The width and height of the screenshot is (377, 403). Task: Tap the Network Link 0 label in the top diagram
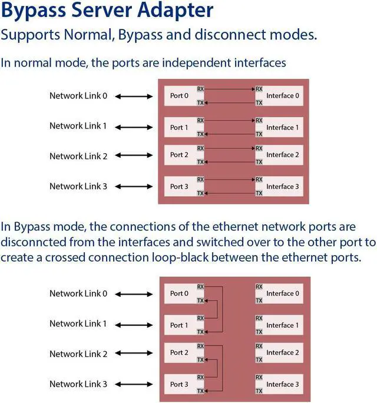[78, 95]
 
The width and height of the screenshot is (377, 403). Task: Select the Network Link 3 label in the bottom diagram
[78, 384]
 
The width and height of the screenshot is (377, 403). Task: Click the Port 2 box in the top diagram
[179, 155]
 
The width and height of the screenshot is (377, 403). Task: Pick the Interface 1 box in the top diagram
[282, 127]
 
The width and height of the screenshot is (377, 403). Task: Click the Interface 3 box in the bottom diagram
[282, 384]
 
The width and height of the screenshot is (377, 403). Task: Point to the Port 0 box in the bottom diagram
[179, 293]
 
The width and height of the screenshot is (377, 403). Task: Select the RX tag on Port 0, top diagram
[200, 89]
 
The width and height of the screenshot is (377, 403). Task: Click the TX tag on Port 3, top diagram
[200, 193]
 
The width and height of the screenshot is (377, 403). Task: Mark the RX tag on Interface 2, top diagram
[259, 148]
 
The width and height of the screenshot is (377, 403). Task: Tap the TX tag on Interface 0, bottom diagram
[259, 300]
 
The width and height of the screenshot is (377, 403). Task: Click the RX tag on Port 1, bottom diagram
[200, 318]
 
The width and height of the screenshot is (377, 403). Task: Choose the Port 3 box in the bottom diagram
[179, 384]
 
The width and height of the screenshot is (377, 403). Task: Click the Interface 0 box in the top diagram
[282, 95]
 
